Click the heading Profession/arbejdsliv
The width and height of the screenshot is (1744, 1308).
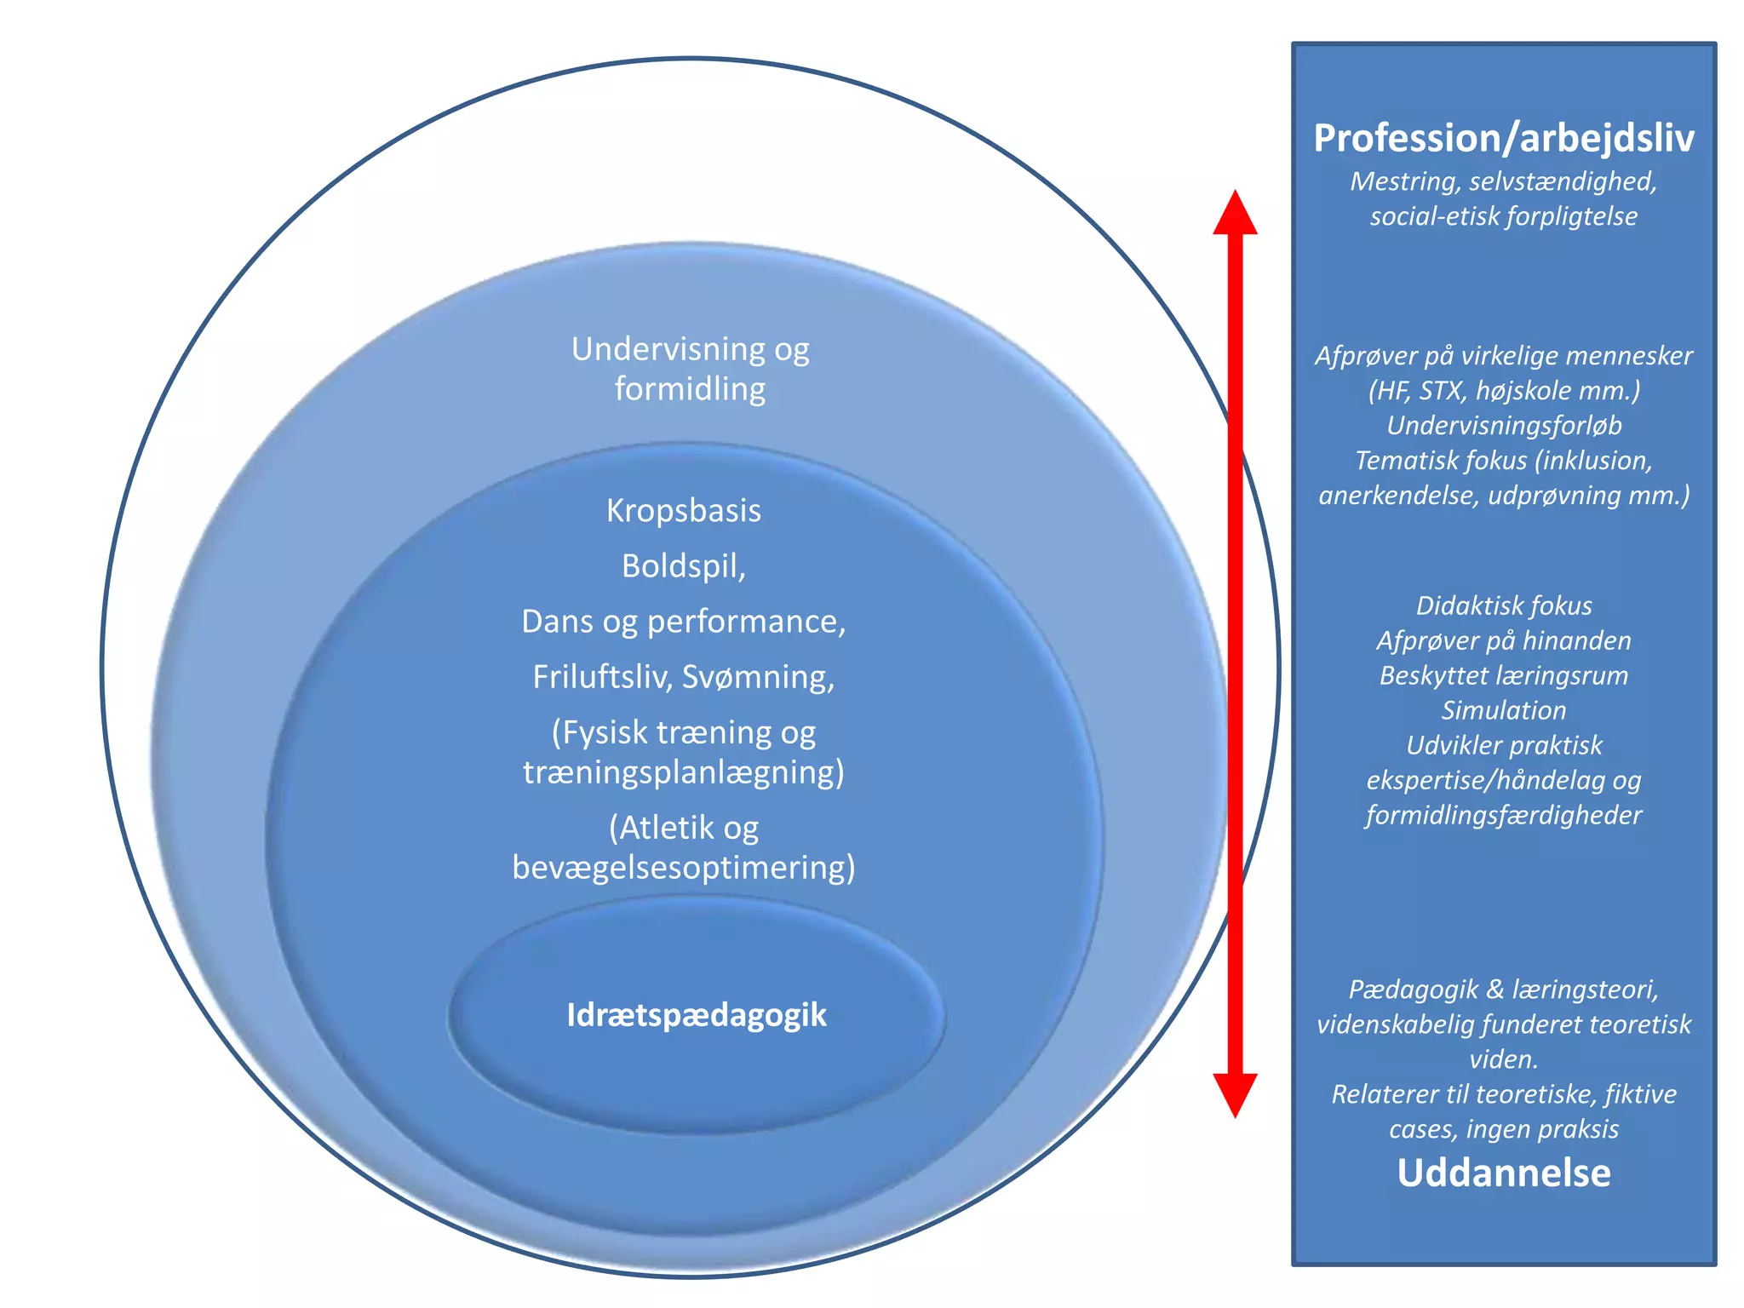(x=1503, y=139)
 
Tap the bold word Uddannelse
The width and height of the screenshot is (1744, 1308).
(x=1503, y=1173)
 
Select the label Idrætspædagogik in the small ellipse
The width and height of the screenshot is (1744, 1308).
(x=697, y=1015)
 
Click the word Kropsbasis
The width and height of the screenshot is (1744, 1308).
(x=684, y=511)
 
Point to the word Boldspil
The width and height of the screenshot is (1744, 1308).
(x=681, y=566)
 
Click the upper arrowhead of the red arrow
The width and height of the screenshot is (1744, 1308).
(x=1235, y=213)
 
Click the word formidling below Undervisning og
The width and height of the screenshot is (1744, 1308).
(x=690, y=389)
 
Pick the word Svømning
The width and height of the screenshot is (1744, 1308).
(x=758, y=677)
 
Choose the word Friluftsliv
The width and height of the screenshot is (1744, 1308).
(x=603, y=677)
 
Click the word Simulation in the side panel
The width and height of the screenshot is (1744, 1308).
(x=1503, y=710)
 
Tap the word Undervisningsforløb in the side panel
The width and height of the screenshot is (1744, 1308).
(x=1503, y=425)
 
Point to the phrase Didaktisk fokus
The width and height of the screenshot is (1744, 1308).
(x=1503, y=605)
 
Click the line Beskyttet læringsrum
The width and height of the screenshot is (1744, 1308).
(x=1503, y=675)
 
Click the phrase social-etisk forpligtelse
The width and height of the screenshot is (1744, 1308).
(x=1503, y=216)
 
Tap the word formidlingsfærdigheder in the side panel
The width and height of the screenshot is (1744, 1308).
(x=1503, y=815)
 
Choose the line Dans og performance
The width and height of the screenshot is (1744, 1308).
(x=683, y=622)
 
